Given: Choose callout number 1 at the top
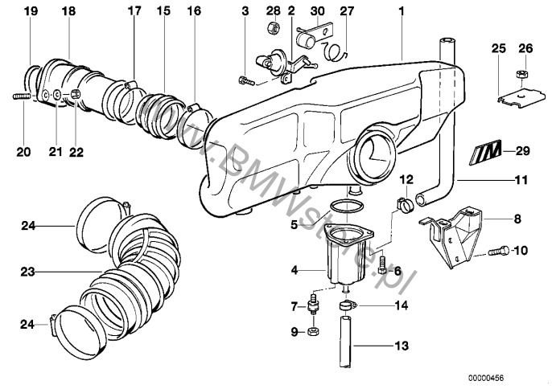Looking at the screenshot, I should coord(400,11).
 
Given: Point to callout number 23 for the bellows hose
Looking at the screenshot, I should coord(29,273).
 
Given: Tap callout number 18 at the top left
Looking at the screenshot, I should coord(68,11).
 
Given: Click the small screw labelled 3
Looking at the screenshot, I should coord(245,80).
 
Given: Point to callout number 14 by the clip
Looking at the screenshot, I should coord(402,305).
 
